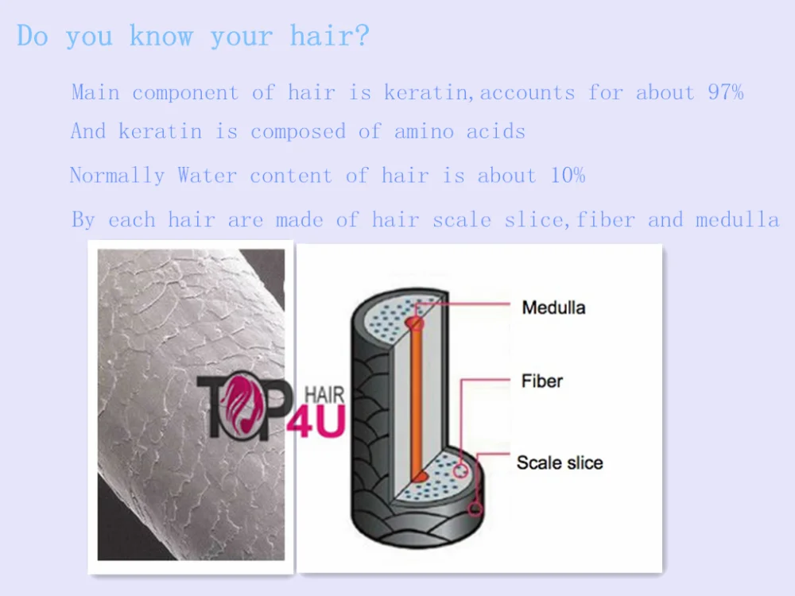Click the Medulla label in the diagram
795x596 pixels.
pyautogui.click(x=553, y=308)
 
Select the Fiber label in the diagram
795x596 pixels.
pyautogui.click(x=542, y=381)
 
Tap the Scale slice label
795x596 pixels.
pyautogui.click(x=560, y=462)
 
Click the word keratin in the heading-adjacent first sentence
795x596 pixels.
pyautogui.click(x=425, y=93)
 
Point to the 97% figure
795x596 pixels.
pyautogui.click(x=726, y=92)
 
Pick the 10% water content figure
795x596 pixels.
pyautogui.click(x=568, y=176)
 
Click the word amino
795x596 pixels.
pyautogui.click(x=424, y=132)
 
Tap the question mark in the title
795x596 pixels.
pyautogui.click(x=362, y=36)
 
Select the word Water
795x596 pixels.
pyautogui.click(x=207, y=176)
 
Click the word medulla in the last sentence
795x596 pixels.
pyautogui.click(x=737, y=220)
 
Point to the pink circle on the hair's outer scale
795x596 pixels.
pyautogui.click(x=475, y=509)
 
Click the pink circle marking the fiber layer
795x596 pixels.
pyautogui.click(x=460, y=470)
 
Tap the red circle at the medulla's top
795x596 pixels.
pyautogui.click(x=414, y=323)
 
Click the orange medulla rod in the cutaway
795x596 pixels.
pyautogui.click(x=416, y=401)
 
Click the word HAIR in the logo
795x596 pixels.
pyautogui.click(x=324, y=395)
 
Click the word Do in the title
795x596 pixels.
pyautogui.click(x=33, y=37)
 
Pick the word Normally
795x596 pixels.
pyautogui.click(x=117, y=176)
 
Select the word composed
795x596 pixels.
pyautogui.click(x=298, y=132)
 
